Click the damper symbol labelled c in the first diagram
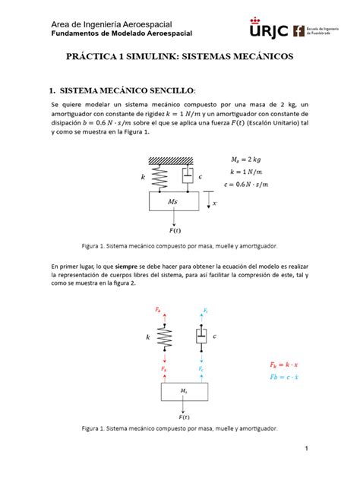tap(186, 177)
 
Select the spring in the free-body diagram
tap(163, 335)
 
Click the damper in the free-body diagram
tap(201, 335)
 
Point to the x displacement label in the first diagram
tap(214, 204)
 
